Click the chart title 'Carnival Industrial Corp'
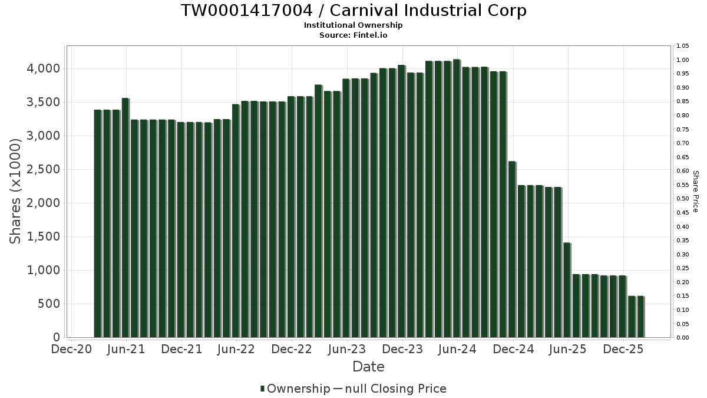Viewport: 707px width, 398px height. point(353,11)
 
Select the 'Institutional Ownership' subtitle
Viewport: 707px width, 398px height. point(353,25)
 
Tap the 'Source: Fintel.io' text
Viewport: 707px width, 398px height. point(353,35)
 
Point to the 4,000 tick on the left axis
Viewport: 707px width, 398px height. point(44,68)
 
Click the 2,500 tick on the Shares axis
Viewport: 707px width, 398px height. point(44,169)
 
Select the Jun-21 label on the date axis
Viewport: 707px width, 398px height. point(126,349)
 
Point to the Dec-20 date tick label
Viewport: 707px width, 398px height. point(71,349)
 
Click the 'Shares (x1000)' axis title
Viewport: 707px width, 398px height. point(16,190)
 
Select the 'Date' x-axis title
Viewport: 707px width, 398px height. point(368,367)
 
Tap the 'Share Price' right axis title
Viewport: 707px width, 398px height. point(695,191)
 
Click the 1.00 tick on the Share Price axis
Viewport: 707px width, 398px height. point(682,60)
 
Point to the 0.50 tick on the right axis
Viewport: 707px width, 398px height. point(682,199)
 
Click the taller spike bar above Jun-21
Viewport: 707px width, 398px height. point(125,218)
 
